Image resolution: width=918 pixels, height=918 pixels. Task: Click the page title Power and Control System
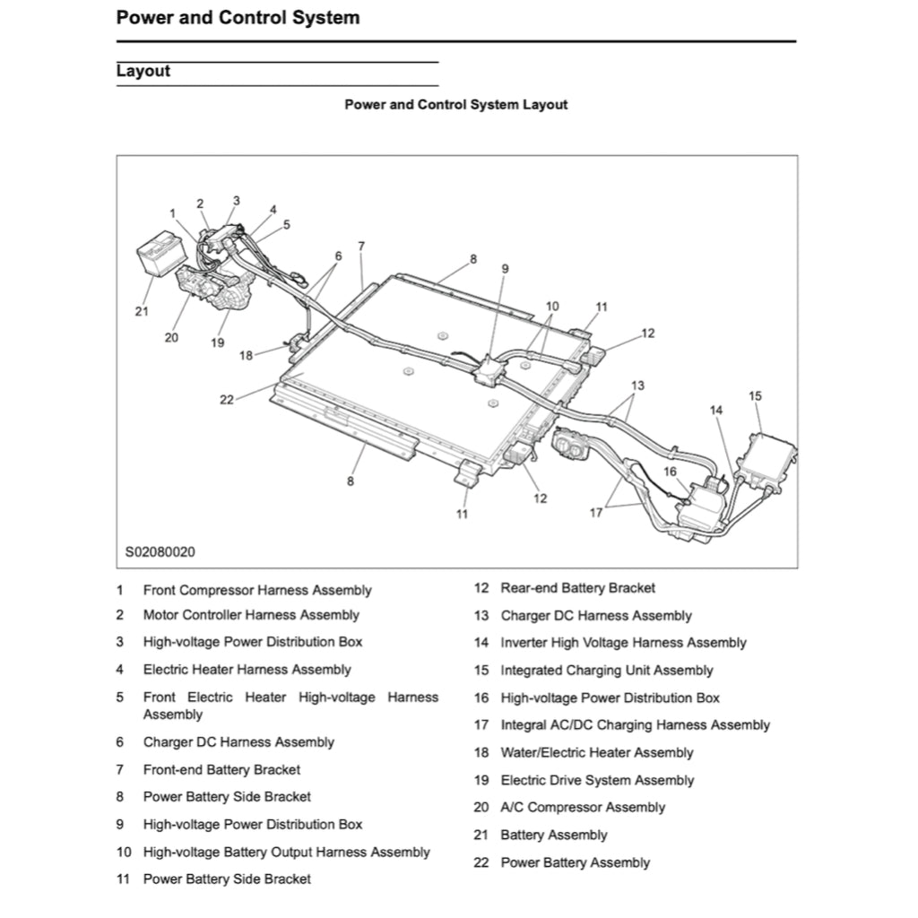click(238, 17)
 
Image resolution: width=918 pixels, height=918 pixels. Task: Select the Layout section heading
click(143, 71)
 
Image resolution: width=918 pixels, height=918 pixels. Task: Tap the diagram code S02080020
click(160, 551)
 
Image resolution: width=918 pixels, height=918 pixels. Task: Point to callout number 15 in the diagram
click(755, 395)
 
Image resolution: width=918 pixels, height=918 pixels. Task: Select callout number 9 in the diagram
click(505, 268)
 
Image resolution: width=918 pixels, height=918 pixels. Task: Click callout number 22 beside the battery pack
click(227, 400)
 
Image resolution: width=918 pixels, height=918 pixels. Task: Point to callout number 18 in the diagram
click(247, 355)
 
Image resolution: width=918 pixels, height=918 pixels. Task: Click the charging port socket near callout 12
click(571, 444)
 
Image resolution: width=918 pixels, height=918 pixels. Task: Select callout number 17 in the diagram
click(596, 513)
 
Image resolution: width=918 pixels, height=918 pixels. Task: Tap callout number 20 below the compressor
click(171, 338)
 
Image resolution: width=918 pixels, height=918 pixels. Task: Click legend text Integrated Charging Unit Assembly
click(606, 671)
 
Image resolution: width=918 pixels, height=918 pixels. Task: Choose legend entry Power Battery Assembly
click(575, 862)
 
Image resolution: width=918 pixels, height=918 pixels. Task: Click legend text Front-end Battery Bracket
click(221, 769)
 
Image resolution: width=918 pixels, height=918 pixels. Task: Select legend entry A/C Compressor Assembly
click(583, 808)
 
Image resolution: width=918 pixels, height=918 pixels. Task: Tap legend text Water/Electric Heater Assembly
click(596, 753)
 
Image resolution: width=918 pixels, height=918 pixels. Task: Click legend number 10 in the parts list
click(124, 853)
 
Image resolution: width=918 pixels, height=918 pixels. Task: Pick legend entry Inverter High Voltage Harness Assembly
click(623, 643)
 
